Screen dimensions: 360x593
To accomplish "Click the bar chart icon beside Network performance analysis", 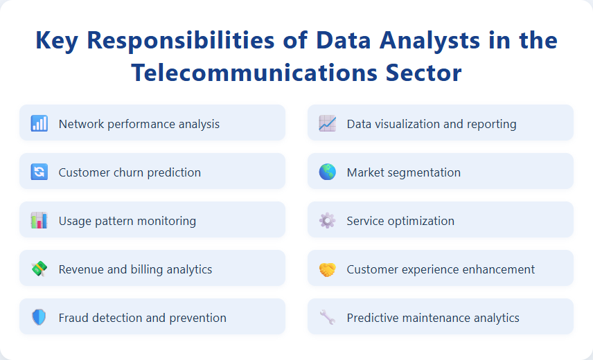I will (x=39, y=124).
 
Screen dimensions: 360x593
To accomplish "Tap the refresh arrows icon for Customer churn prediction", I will (x=39, y=172).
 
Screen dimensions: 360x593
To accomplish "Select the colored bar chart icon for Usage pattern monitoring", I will (x=39, y=221).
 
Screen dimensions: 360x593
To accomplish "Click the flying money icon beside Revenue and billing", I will (x=39, y=269).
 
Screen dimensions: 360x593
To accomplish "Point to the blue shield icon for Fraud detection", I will (x=39, y=318).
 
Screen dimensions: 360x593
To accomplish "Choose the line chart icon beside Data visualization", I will (x=328, y=124).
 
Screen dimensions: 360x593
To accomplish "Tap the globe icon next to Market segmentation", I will (x=328, y=172).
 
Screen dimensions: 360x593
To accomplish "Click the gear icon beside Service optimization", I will (x=328, y=221).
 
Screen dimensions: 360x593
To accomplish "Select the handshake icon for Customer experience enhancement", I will (x=328, y=269).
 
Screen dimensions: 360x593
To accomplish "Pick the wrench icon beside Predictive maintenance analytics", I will (x=328, y=318).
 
